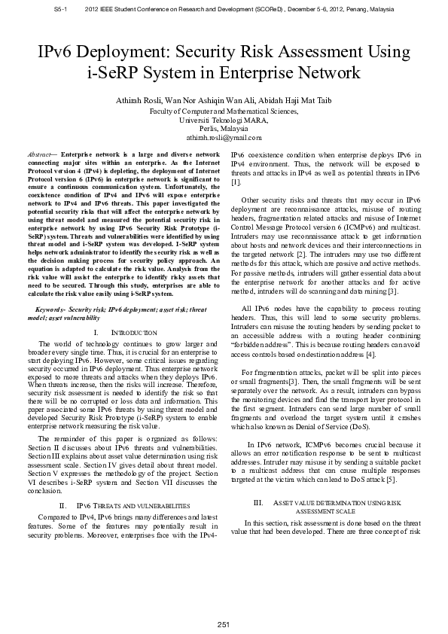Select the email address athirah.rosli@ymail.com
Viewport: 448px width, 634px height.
click(224, 138)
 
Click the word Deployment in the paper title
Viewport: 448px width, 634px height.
click(122, 52)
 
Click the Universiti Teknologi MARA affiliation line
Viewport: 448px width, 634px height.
click(224, 120)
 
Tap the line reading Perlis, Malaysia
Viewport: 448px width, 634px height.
click(224, 129)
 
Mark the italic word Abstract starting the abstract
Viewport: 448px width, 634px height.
click(38, 154)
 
